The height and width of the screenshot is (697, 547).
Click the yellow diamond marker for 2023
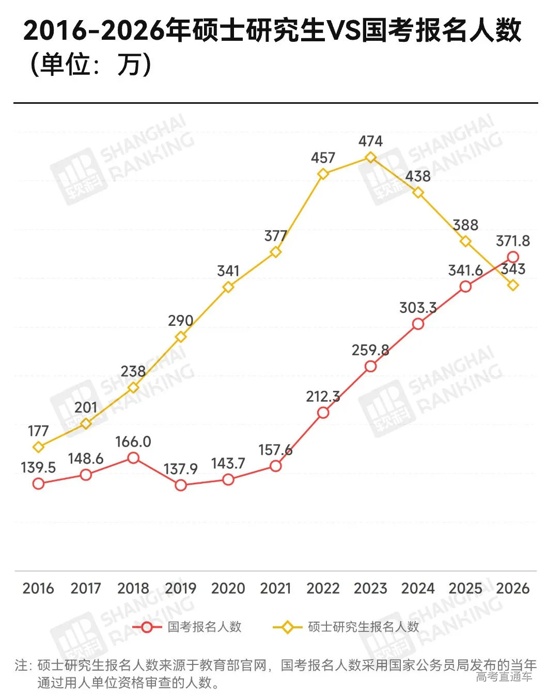click(x=370, y=157)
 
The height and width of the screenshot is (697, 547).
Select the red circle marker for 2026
click(x=513, y=257)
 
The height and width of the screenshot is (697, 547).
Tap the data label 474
click(x=370, y=141)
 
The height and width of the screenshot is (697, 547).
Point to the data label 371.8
click(x=513, y=241)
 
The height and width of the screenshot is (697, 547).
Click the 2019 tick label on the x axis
click(x=181, y=588)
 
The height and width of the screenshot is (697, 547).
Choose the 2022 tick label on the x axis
click(x=323, y=588)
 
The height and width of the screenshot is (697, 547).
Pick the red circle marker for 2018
click(x=133, y=458)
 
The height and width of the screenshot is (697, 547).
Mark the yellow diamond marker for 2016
click(x=38, y=447)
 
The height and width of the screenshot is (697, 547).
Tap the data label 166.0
click(x=133, y=442)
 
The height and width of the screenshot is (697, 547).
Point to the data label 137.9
click(x=181, y=469)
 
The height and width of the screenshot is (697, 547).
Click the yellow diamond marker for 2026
click(x=513, y=285)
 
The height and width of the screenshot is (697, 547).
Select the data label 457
click(x=323, y=157)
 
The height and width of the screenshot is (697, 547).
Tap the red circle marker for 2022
click(x=323, y=413)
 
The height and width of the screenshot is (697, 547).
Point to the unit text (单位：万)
click(x=90, y=65)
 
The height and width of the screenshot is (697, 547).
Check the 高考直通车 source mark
click(x=504, y=676)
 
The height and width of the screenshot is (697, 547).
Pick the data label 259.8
click(x=370, y=350)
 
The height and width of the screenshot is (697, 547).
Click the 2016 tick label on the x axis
click(x=38, y=588)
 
